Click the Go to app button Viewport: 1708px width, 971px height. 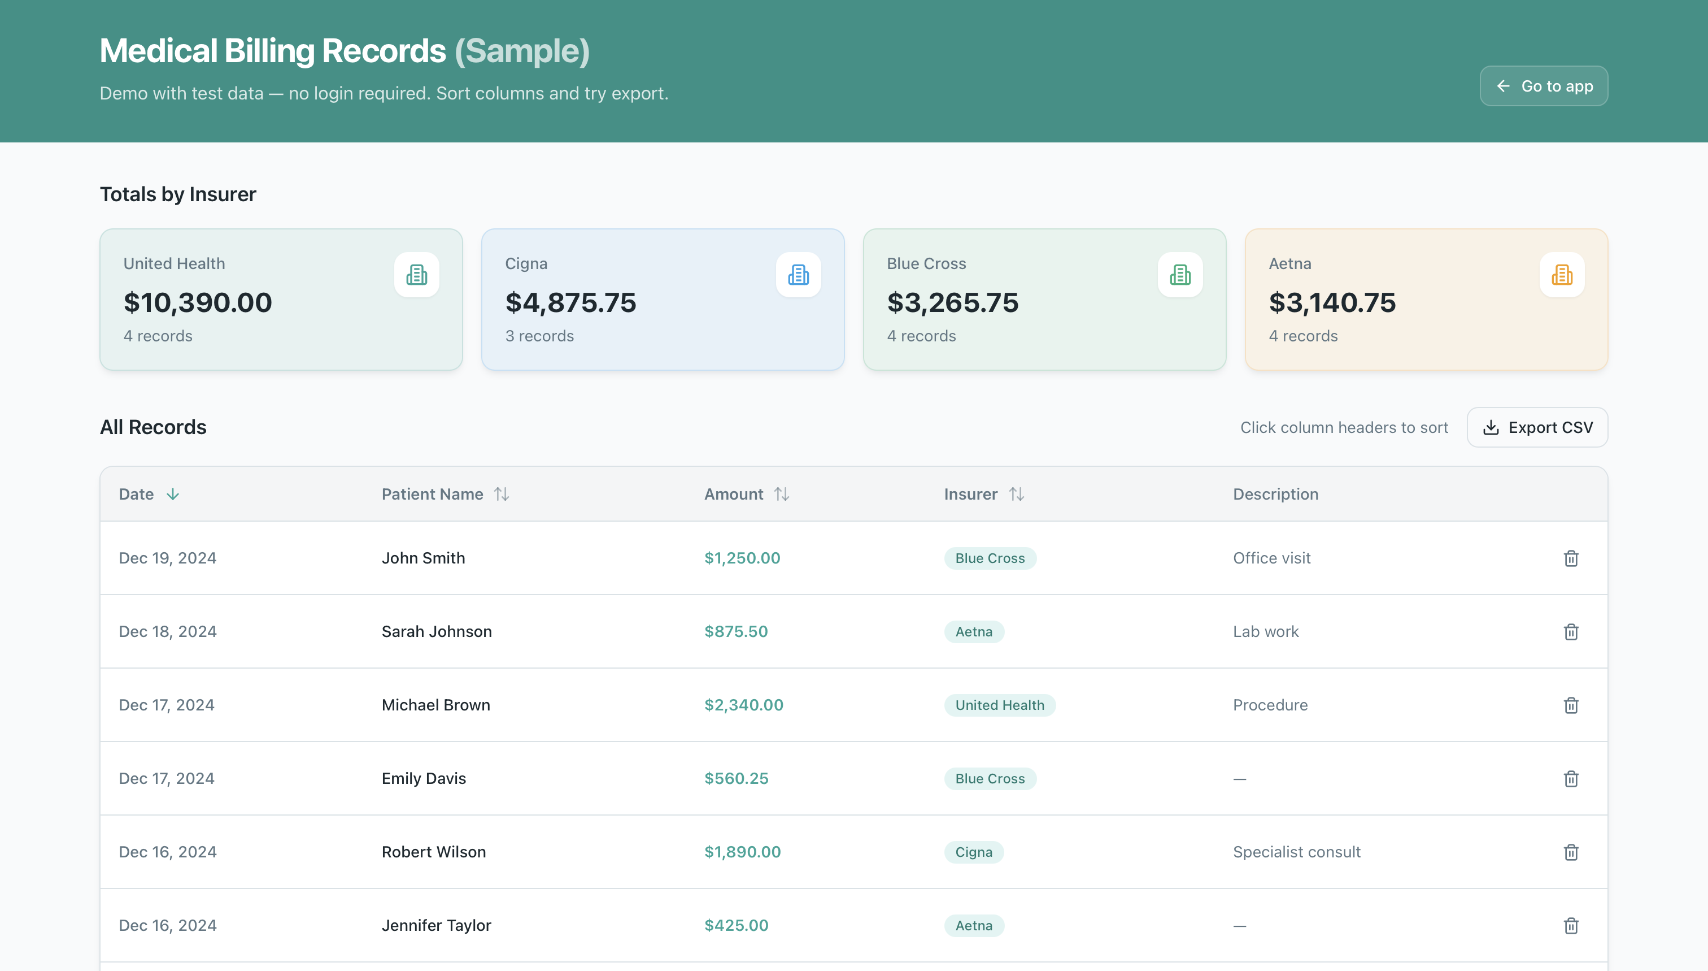(x=1544, y=86)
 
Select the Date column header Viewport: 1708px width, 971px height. (x=137, y=494)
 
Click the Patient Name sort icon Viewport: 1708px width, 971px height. (x=502, y=494)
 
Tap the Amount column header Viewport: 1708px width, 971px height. (x=734, y=494)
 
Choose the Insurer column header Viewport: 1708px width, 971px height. (x=970, y=494)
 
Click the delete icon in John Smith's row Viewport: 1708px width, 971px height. (x=1571, y=558)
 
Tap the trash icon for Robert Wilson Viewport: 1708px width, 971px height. (x=1571, y=852)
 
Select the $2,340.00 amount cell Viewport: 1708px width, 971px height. (x=744, y=705)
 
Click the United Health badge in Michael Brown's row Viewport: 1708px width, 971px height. (x=1000, y=705)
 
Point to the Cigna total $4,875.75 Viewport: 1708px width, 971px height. (x=570, y=303)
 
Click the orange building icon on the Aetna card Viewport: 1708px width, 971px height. (x=1561, y=275)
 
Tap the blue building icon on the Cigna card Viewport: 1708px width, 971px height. (x=798, y=275)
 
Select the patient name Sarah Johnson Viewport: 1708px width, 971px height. (x=437, y=631)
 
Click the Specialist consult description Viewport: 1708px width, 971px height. (x=1296, y=852)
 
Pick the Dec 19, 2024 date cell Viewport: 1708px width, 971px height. (x=167, y=558)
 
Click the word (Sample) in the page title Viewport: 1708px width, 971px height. (x=522, y=51)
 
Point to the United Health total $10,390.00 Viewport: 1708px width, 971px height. (x=198, y=303)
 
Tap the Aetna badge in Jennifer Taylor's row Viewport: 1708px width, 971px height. (x=974, y=926)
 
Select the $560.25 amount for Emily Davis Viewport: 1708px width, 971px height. (x=737, y=779)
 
